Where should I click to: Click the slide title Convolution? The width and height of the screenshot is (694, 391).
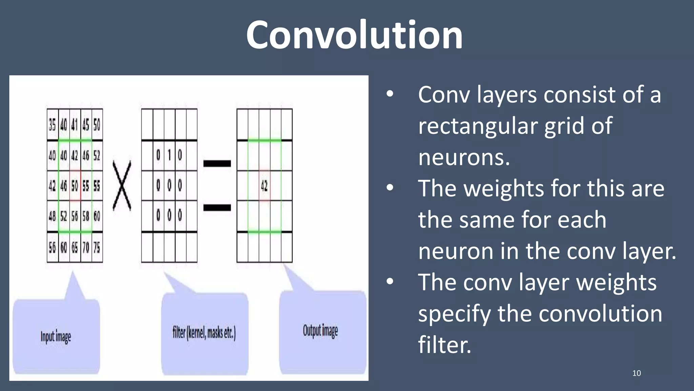pyautogui.click(x=354, y=35)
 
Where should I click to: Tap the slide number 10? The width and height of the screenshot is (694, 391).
pyautogui.click(x=636, y=373)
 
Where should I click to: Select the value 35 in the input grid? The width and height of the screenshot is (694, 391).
pyautogui.click(x=52, y=125)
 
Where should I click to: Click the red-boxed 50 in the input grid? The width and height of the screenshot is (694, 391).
pyautogui.click(x=75, y=186)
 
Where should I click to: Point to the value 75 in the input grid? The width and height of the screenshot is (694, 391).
pyautogui.click(x=97, y=247)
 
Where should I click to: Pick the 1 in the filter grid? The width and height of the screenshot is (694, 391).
pyautogui.click(x=169, y=155)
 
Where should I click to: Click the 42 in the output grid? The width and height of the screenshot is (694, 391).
pyautogui.click(x=264, y=186)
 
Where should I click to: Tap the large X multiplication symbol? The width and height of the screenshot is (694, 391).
pyautogui.click(x=122, y=186)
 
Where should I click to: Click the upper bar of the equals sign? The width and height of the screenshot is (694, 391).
pyautogui.click(x=217, y=164)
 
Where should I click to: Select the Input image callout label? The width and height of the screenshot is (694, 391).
pyautogui.click(x=56, y=337)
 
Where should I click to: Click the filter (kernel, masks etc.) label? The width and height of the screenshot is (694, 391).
pyautogui.click(x=204, y=333)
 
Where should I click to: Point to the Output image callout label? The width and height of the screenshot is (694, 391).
pyautogui.click(x=320, y=331)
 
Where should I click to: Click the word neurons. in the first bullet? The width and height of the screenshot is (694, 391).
pyautogui.click(x=464, y=157)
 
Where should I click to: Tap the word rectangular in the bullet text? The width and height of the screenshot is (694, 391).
pyautogui.click(x=477, y=126)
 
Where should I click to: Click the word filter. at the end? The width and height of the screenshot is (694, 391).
pyautogui.click(x=444, y=345)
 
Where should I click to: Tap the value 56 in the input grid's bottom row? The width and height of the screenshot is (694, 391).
pyautogui.click(x=52, y=247)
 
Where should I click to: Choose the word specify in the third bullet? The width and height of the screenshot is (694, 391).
pyautogui.click(x=454, y=314)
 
